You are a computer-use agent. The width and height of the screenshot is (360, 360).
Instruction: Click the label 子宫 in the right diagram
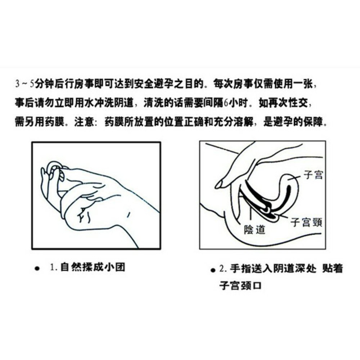tap(313, 175)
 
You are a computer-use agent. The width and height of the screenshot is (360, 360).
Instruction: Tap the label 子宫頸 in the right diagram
tap(306, 222)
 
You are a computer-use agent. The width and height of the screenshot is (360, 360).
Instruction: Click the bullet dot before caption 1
tap(37, 269)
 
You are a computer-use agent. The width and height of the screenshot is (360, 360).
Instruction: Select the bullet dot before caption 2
tap(213, 270)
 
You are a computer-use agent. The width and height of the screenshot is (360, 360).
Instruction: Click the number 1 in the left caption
tap(52, 267)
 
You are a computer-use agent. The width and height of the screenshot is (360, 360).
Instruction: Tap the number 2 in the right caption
tap(221, 269)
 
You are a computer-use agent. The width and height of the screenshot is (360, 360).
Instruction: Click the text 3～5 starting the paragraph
tap(25, 84)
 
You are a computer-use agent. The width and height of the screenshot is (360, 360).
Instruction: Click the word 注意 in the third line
tap(84, 122)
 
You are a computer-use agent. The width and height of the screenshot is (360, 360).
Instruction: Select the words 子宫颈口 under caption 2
tap(240, 285)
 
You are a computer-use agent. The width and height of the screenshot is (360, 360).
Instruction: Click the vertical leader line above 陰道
tap(252, 216)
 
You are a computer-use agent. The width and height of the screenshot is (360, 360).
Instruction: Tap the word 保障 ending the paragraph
tap(313, 122)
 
